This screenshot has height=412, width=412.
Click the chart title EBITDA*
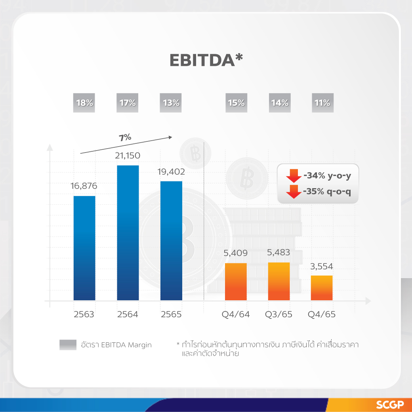(206, 60)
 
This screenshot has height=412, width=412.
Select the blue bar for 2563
(84, 248)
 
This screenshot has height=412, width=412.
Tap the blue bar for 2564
(128, 233)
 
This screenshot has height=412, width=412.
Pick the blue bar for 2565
(171, 240)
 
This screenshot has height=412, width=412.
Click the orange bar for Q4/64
(236, 281)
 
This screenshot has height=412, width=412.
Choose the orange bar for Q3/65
(279, 281)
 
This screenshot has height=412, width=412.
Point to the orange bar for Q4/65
(322, 288)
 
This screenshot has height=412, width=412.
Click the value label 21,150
(128, 156)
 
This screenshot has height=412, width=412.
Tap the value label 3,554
(322, 266)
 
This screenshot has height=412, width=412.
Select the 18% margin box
(84, 103)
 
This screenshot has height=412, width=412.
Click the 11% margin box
(322, 103)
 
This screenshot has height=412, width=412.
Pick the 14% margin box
(279, 103)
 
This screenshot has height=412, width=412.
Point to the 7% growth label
(125, 138)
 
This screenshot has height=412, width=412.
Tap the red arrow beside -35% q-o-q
(294, 191)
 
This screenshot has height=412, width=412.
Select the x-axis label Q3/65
(279, 315)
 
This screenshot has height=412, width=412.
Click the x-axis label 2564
(128, 315)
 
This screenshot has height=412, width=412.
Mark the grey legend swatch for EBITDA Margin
(68, 345)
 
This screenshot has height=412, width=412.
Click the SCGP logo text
(390, 405)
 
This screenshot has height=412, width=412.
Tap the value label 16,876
(84, 186)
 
